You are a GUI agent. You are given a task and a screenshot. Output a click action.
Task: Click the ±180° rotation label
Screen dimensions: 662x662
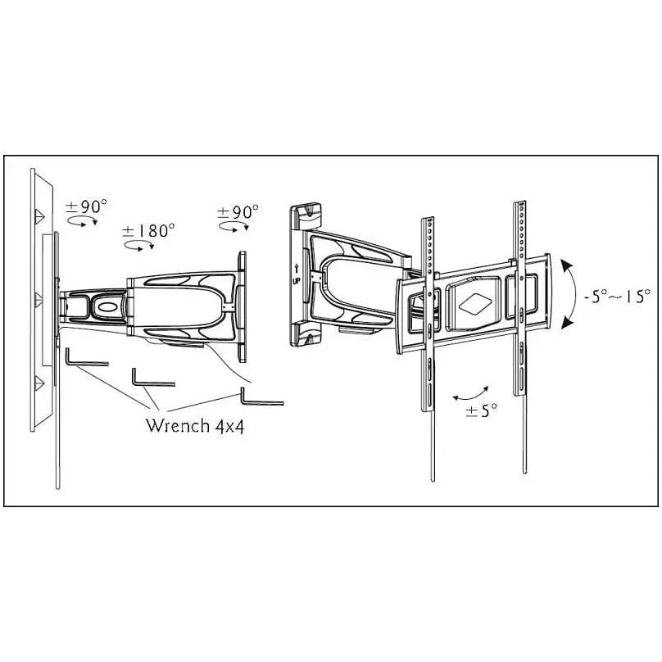pos(148,231)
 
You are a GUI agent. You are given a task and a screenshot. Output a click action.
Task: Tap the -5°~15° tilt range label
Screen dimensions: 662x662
pos(617,296)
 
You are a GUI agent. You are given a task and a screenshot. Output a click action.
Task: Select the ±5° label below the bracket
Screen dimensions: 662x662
pos(481,410)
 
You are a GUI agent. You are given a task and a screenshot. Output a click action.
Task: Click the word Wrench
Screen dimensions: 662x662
pos(178,425)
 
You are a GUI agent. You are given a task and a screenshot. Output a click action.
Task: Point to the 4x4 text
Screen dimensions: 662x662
pos(229,426)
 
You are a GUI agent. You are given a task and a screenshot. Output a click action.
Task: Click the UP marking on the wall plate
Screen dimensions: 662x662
pos(297,280)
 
